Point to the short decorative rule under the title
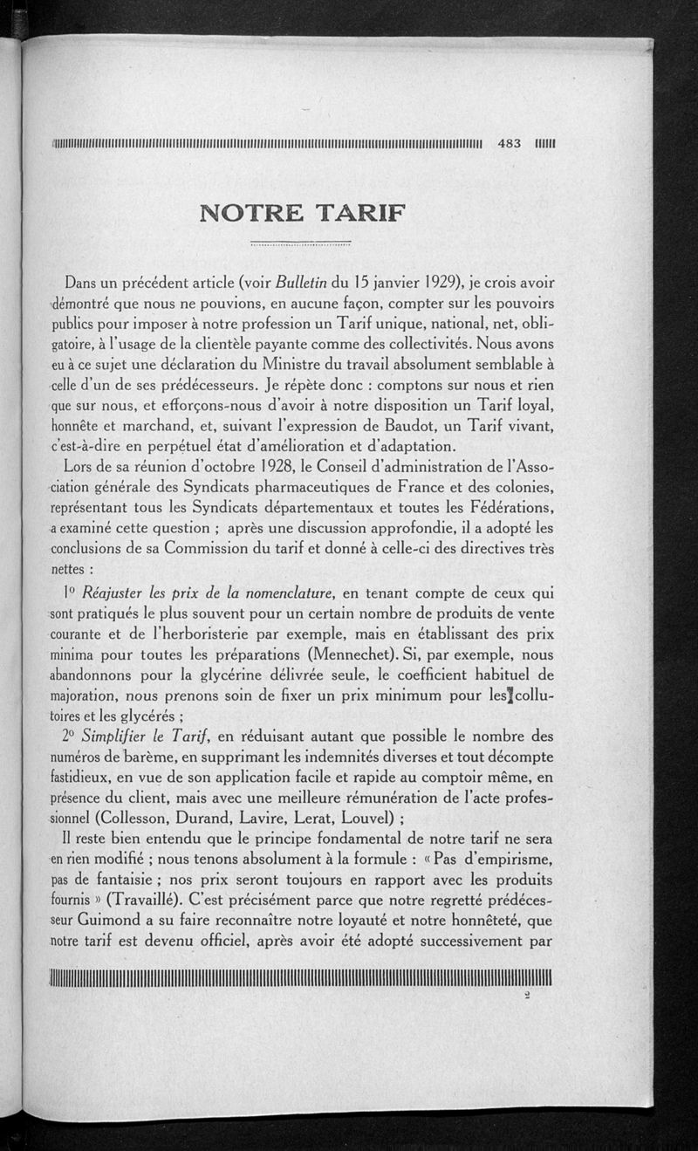[300, 243]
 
